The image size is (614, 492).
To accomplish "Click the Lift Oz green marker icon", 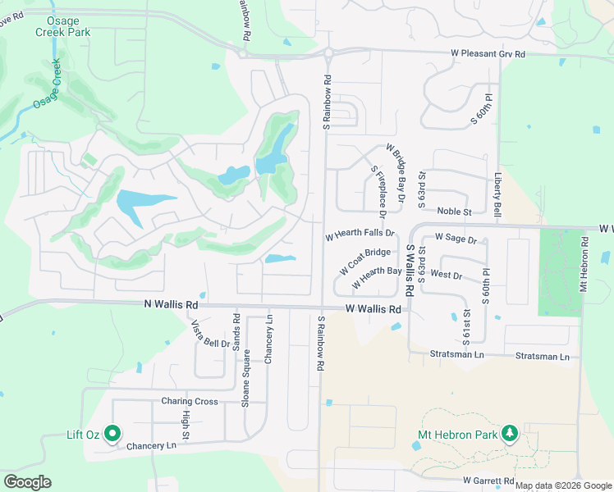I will coord(112,434).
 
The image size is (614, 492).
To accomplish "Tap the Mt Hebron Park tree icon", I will coord(510,433).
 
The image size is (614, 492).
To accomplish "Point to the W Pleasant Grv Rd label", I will coord(488,54).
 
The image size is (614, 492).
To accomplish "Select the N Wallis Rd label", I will coord(172,303).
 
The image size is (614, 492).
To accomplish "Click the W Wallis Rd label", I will coord(373,309).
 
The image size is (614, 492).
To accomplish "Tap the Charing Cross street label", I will coord(190,402).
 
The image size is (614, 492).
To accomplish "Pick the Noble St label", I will coord(454,211).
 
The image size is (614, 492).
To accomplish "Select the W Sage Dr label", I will coord(456,239).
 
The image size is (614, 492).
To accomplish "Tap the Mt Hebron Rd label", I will coord(584,265).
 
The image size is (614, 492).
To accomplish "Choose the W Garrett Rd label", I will coord(488,481).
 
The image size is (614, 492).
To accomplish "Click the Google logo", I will coord(27,482).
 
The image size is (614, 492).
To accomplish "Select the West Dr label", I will coord(446,275).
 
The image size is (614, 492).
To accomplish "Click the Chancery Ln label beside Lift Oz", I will coord(152,446).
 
